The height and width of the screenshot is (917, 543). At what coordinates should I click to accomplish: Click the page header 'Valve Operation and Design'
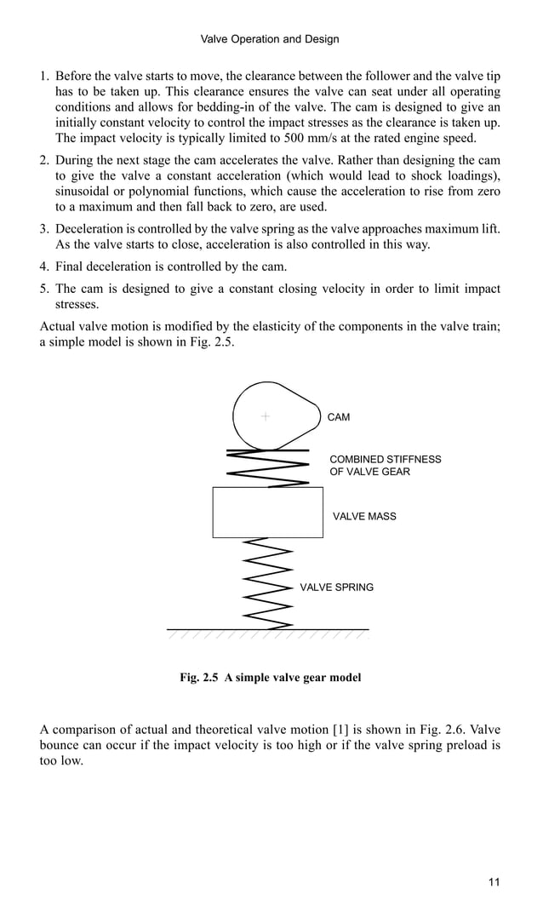pos(269,39)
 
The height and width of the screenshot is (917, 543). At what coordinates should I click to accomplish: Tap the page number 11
pos(494,881)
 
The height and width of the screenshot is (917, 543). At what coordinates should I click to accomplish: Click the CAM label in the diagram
pos(339,417)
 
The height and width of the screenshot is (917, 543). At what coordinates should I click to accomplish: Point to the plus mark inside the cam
pos(266,416)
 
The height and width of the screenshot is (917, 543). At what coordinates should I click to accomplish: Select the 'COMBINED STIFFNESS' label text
pos(385,459)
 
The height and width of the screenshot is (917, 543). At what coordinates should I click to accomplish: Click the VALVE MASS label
pos(364,516)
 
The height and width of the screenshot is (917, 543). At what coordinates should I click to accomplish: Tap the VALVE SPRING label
pos(336,587)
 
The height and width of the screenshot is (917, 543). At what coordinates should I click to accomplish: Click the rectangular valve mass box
pos(267,512)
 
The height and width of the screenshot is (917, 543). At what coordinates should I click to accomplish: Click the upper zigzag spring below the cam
pos(267,467)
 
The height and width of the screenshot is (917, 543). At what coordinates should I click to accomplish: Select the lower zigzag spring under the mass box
pos(267,583)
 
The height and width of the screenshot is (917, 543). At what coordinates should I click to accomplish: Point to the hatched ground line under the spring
pos(267,631)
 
